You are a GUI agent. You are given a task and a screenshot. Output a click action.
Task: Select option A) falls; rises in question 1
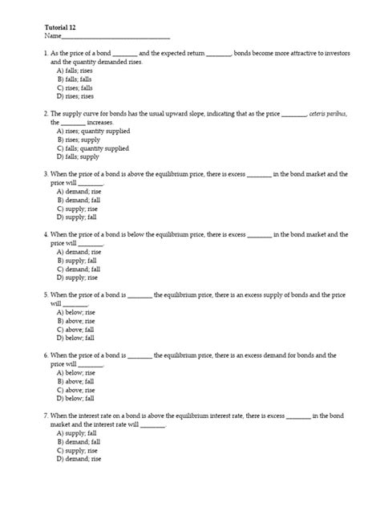coord(75,71)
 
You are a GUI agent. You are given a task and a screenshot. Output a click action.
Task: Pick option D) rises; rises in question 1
coord(75,95)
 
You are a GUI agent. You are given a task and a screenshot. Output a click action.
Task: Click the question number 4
coord(46,235)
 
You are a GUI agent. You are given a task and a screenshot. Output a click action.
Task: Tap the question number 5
coord(46,295)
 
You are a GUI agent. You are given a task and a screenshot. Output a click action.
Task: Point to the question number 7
coord(46,416)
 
